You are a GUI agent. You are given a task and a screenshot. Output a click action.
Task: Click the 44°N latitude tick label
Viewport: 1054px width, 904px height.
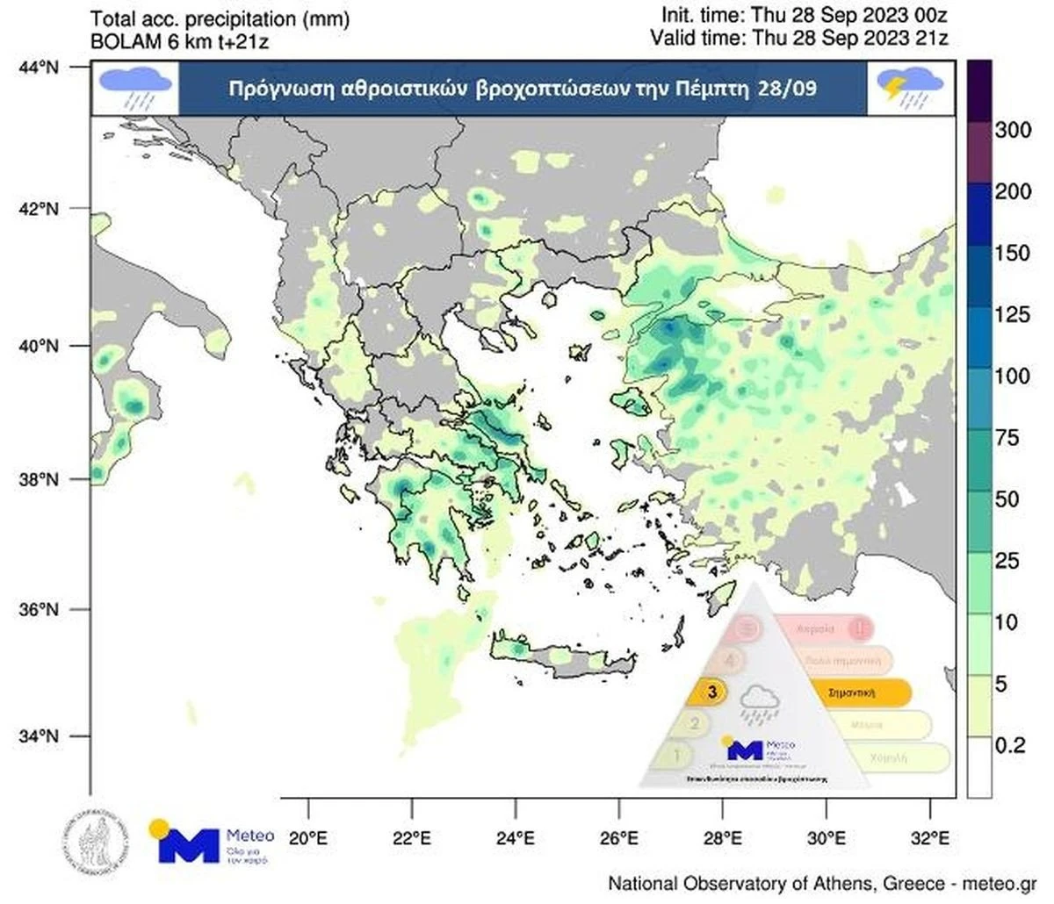click(x=41, y=67)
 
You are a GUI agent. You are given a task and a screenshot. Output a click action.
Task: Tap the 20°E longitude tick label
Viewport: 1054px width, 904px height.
click(x=308, y=837)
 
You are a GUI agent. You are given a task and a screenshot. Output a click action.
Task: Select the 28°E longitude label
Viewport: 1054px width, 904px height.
click(x=720, y=837)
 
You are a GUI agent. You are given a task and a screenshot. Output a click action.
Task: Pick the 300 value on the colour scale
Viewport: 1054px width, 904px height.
click(x=1011, y=131)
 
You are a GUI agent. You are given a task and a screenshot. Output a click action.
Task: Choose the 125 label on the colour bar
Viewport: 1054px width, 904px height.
click(x=1011, y=315)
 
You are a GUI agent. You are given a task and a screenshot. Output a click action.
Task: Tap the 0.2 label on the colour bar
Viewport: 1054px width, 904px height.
click(x=1011, y=746)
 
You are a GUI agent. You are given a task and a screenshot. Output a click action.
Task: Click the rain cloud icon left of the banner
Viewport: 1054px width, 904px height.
click(x=134, y=88)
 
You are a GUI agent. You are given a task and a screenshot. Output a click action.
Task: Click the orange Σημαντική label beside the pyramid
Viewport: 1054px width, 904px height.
click(x=855, y=692)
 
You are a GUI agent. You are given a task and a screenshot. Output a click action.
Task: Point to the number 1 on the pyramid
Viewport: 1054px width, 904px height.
click(x=677, y=755)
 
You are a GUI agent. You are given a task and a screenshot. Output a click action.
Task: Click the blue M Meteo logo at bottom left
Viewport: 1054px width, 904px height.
click(x=188, y=843)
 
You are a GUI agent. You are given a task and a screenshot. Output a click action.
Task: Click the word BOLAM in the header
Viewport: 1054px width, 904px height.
click(x=122, y=39)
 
